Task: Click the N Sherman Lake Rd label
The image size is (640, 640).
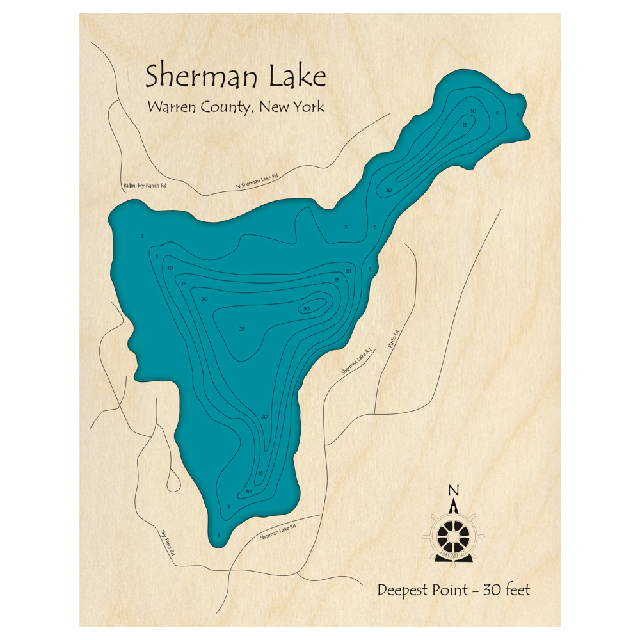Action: (x=258, y=181)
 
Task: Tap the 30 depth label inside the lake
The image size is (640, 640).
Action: (x=307, y=309)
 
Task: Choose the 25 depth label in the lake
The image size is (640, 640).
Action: (x=242, y=329)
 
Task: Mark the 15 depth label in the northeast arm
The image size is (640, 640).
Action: (x=465, y=124)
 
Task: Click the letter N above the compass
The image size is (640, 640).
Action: (x=453, y=491)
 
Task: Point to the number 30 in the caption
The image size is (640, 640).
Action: (x=490, y=590)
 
